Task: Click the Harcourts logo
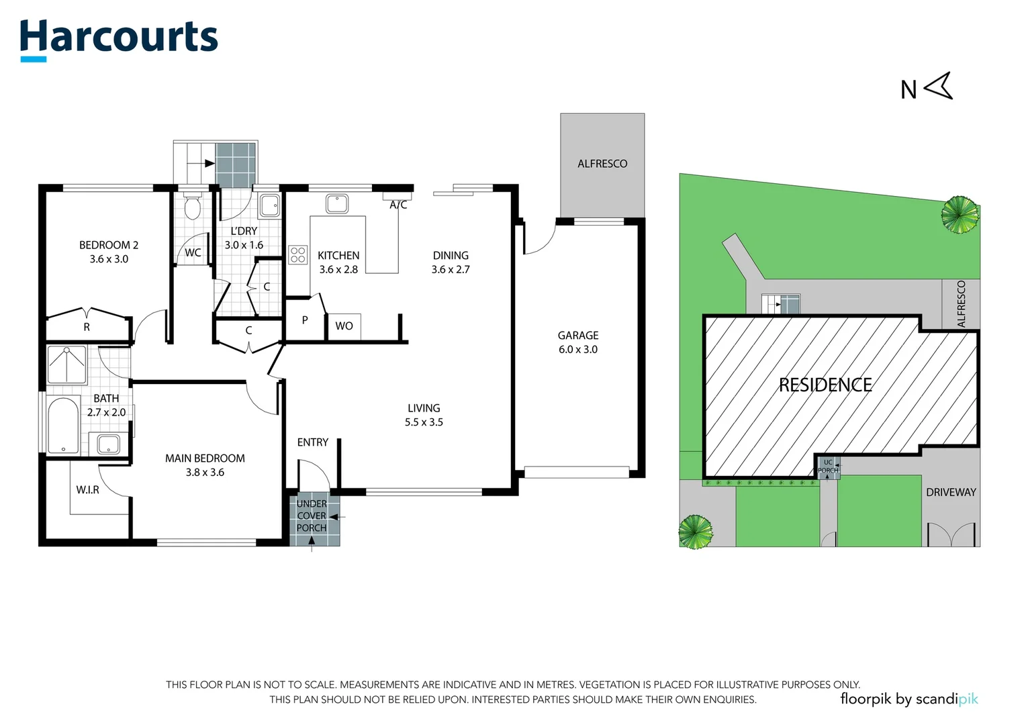tap(119, 40)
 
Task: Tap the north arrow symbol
tap(939, 86)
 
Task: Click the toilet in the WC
tap(192, 206)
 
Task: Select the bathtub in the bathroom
tap(63, 426)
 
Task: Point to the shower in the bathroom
tap(67, 365)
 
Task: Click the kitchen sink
tap(337, 203)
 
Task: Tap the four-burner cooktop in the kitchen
tap(297, 255)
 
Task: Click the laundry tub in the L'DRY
tap(269, 205)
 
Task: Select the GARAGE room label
tap(578, 335)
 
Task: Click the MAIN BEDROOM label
tap(205, 458)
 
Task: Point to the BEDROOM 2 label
tap(109, 245)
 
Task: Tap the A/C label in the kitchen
tap(398, 205)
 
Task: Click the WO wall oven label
tap(344, 326)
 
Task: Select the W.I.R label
tap(87, 490)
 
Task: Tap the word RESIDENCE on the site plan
tap(825, 385)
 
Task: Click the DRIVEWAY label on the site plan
tap(951, 492)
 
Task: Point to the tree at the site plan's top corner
tap(960, 215)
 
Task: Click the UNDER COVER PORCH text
tap(312, 516)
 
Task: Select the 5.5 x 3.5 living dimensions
tap(424, 422)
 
